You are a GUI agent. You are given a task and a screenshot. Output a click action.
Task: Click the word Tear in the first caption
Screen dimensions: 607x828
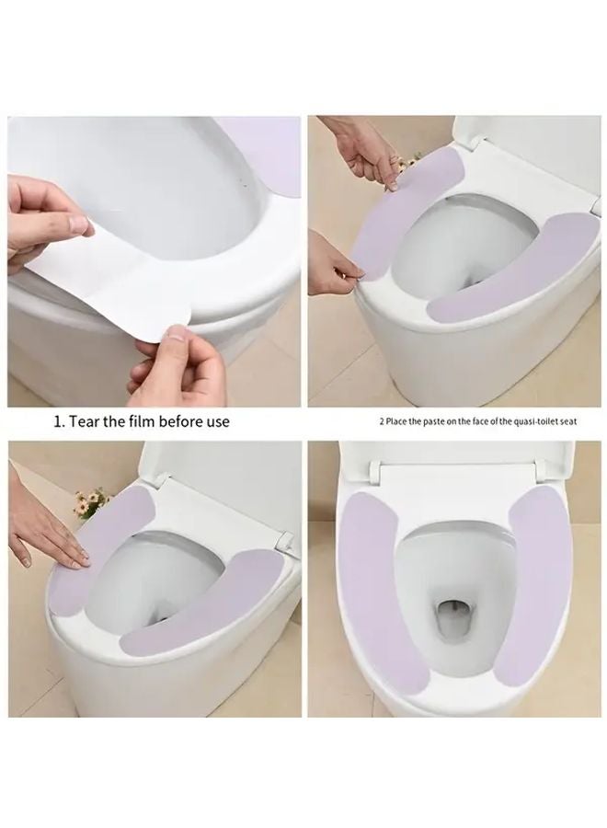pos(84,421)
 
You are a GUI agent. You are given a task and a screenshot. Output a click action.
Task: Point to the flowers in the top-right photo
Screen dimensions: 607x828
pos(407,165)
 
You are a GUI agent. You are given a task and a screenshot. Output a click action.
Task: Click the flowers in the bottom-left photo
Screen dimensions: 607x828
pos(92,501)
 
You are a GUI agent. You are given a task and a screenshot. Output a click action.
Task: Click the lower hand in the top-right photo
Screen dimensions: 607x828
pos(333,264)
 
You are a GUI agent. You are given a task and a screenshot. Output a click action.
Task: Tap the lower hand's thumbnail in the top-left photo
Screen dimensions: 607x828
pos(178,333)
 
